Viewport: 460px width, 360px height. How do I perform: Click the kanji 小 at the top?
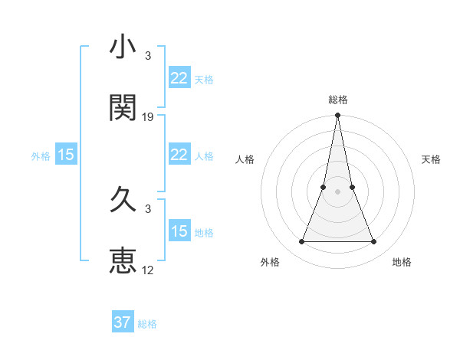123,47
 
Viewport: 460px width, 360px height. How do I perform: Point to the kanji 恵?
123,260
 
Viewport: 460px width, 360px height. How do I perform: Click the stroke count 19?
148,117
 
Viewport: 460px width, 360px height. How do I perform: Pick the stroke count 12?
148,270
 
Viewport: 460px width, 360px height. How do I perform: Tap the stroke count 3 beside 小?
148,56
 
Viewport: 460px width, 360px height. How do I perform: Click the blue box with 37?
123,322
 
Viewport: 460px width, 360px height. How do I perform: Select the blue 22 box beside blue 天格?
179,77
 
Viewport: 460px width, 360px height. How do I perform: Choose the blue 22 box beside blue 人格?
179,155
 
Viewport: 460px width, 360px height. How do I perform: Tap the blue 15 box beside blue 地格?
179,231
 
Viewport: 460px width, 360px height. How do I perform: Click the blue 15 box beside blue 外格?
66,155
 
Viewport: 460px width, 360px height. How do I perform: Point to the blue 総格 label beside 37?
147,324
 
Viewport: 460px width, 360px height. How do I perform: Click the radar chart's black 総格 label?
337,100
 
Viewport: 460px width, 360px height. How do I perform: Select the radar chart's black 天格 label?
431,159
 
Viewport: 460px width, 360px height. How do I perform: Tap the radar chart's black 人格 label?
245,159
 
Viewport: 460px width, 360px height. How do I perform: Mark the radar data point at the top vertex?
337,116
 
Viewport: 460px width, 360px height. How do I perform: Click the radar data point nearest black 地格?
373,242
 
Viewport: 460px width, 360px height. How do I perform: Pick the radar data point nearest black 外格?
301,242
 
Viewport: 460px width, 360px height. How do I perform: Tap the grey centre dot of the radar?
337,192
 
